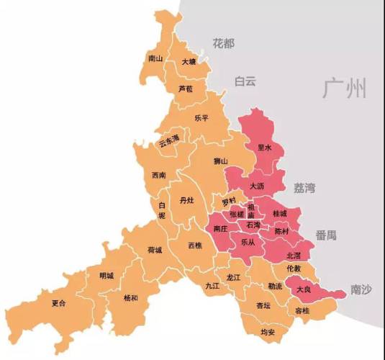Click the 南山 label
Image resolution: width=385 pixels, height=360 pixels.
pos(155,58)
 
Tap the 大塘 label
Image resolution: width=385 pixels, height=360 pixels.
pos(189,63)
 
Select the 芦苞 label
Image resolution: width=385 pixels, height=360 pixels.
pos(185,89)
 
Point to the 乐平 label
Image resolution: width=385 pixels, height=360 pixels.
pos(201,118)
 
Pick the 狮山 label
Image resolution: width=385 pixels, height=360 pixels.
pos(221,161)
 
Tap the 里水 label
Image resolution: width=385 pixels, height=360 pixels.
pos(264,148)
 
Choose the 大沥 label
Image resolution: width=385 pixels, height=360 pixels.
pos(258,186)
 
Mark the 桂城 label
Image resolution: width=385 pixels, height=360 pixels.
pos(278,214)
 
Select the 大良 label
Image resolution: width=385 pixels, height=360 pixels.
pos(304,289)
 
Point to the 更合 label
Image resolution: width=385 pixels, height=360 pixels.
pos(59,304)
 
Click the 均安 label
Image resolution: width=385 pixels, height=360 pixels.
pos(268,332)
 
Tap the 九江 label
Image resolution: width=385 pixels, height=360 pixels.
pos(211,286)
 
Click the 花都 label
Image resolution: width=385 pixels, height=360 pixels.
pos(224,44)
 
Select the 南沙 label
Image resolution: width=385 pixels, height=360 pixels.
pos(361,289)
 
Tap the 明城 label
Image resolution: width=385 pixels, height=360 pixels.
pos(107,275)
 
